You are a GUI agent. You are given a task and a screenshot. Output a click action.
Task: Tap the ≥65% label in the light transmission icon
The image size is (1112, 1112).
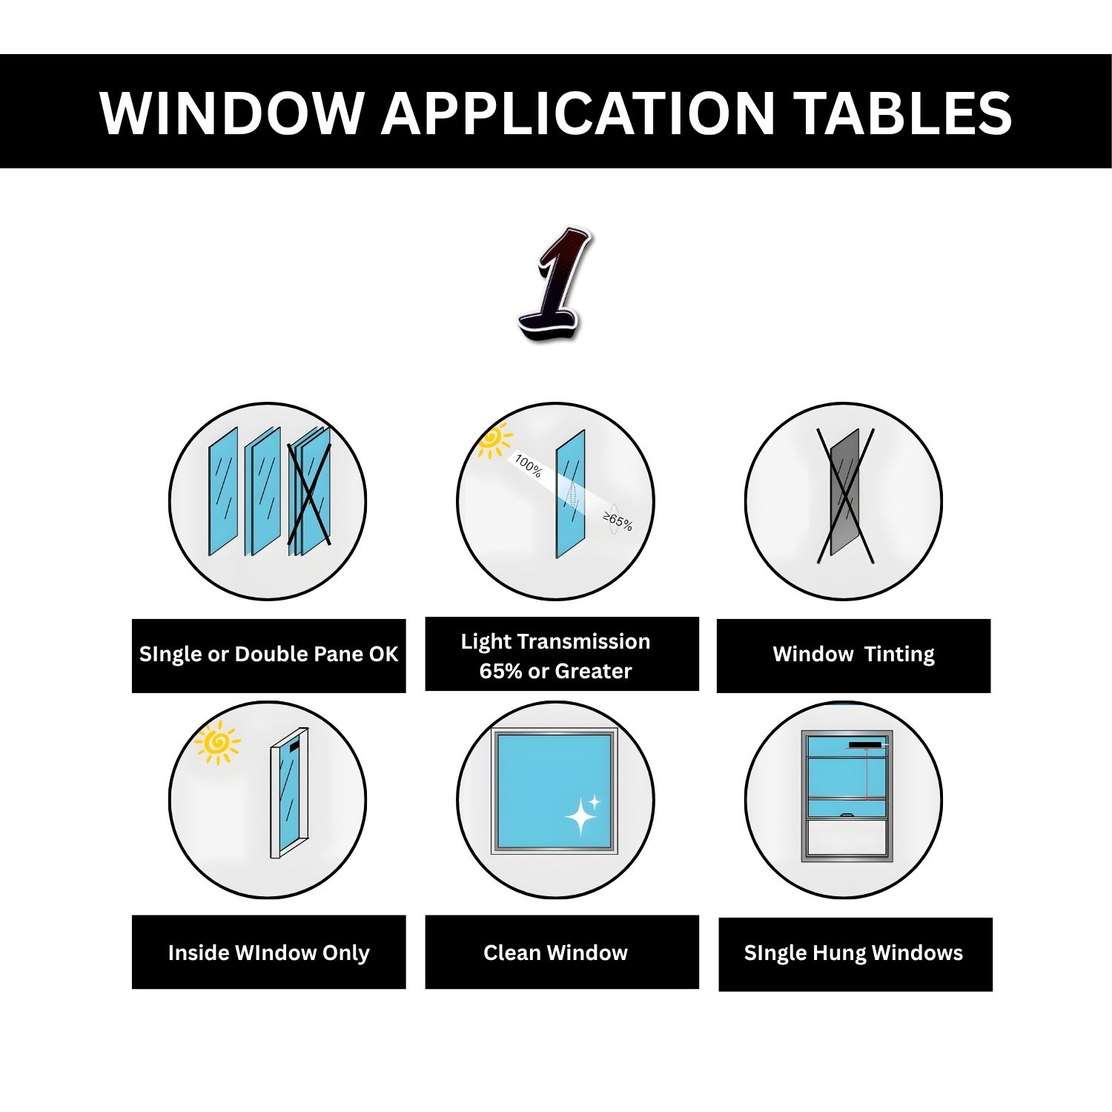coord(617,521)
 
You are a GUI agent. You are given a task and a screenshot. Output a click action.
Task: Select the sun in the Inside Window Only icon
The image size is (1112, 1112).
coord(217,742)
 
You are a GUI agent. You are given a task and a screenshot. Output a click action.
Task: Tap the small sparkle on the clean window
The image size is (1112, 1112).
coord(595,801)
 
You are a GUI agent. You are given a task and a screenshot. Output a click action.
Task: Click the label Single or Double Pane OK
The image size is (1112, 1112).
coord(268,655)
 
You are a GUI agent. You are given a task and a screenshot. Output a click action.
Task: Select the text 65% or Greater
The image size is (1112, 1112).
coord(555,671)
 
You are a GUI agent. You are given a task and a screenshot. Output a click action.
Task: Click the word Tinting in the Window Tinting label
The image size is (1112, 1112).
coord(898,655)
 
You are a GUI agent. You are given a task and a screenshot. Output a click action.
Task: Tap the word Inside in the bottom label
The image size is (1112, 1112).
coord(198,953)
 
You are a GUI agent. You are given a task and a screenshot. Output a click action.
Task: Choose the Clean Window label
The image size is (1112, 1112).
coord(555,953)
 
